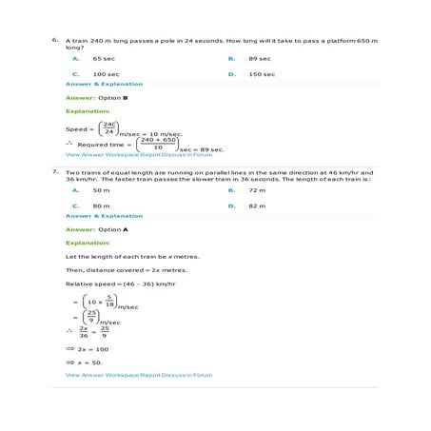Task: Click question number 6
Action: click(55, 41)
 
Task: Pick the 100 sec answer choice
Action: click(106, 73)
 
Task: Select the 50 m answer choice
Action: click(101, 190)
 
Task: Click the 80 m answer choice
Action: click(101, 205)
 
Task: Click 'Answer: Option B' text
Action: click(96, 98)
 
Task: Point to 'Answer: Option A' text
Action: click(96, 229)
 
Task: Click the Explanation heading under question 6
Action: click(88, 112)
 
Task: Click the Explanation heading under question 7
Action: click(88, 243)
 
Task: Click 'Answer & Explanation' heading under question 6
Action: click(104, 84)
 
